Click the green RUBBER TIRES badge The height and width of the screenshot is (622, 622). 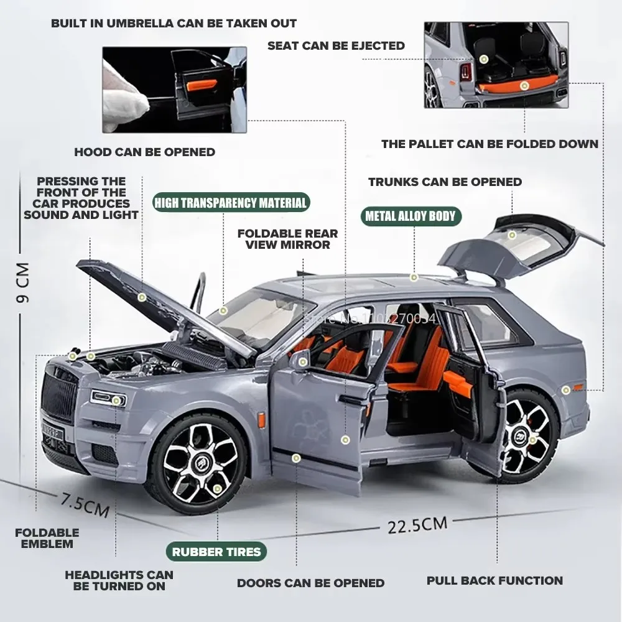[x=216, y=551]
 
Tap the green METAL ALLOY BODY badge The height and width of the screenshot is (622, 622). [x=410, y=216]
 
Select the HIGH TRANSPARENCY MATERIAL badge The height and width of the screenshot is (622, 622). [x=231, y=203]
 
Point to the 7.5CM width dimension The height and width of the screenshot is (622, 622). [x=85, y=504]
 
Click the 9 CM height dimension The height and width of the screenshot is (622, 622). [x=23, y=283]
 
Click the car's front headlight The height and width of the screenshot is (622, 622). [x=109, y=397]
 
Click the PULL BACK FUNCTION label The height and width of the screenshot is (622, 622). [x=494, y=581]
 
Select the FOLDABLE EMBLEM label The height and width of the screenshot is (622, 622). [x=47, y=538]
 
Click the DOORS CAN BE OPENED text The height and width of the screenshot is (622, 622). [x=310, y=583]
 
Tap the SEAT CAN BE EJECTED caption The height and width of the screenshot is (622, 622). [x=336, y=45]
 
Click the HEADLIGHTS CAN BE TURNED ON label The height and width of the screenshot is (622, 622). [x=119, y=580]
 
